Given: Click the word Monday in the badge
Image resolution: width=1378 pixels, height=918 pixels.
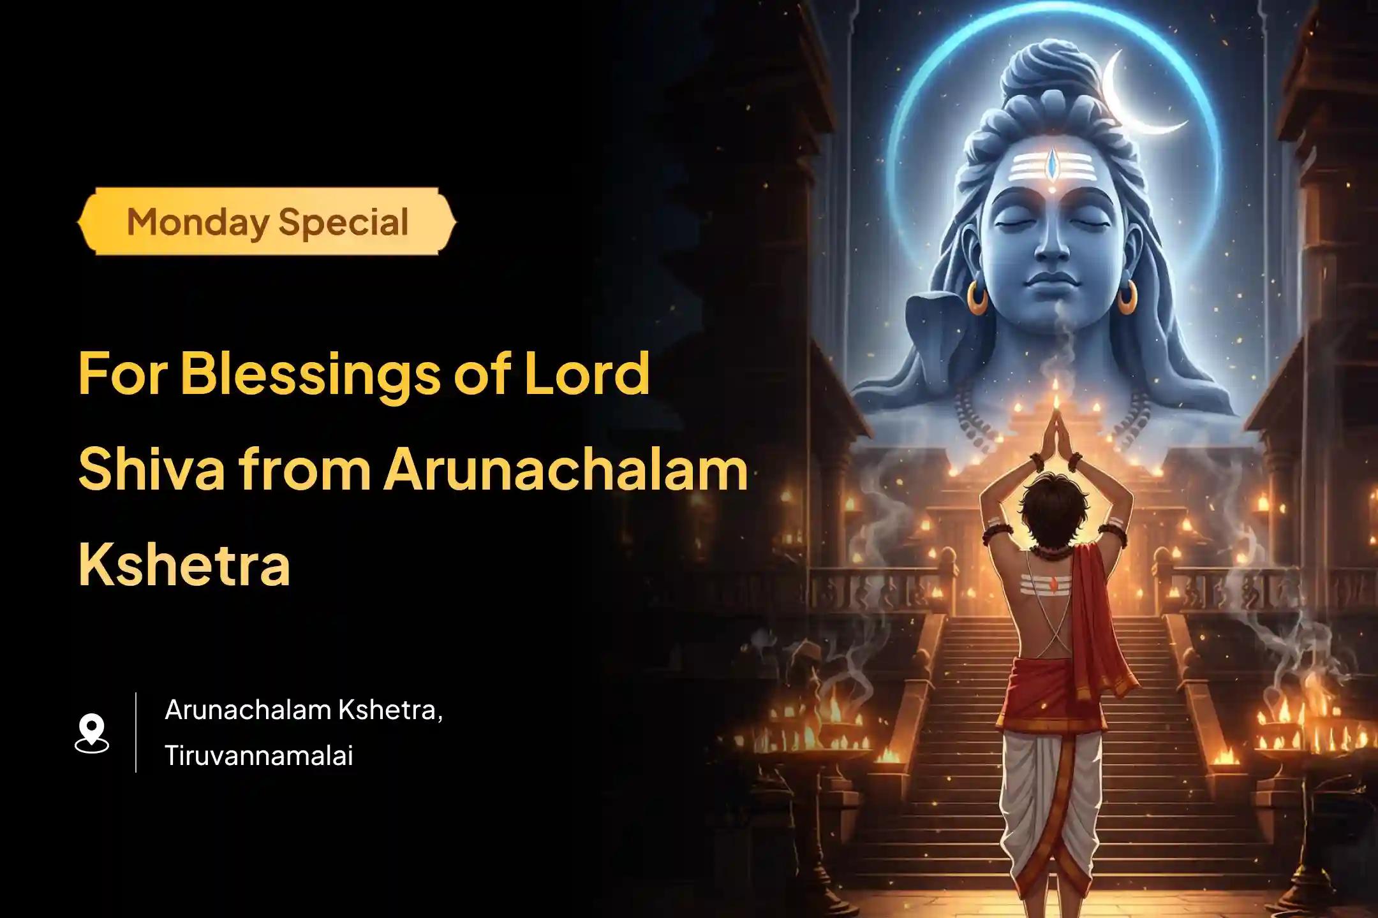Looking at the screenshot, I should [x=198, y=222].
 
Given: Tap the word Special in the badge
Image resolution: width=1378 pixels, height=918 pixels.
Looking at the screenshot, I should [x=343, y=222].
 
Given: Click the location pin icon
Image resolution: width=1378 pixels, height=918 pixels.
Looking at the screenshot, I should [x=92, y=733].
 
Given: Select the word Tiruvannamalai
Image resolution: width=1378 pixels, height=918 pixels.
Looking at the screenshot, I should [x=258, y=756].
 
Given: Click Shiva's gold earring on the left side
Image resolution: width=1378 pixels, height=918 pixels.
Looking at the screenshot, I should [x=977, y=297].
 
